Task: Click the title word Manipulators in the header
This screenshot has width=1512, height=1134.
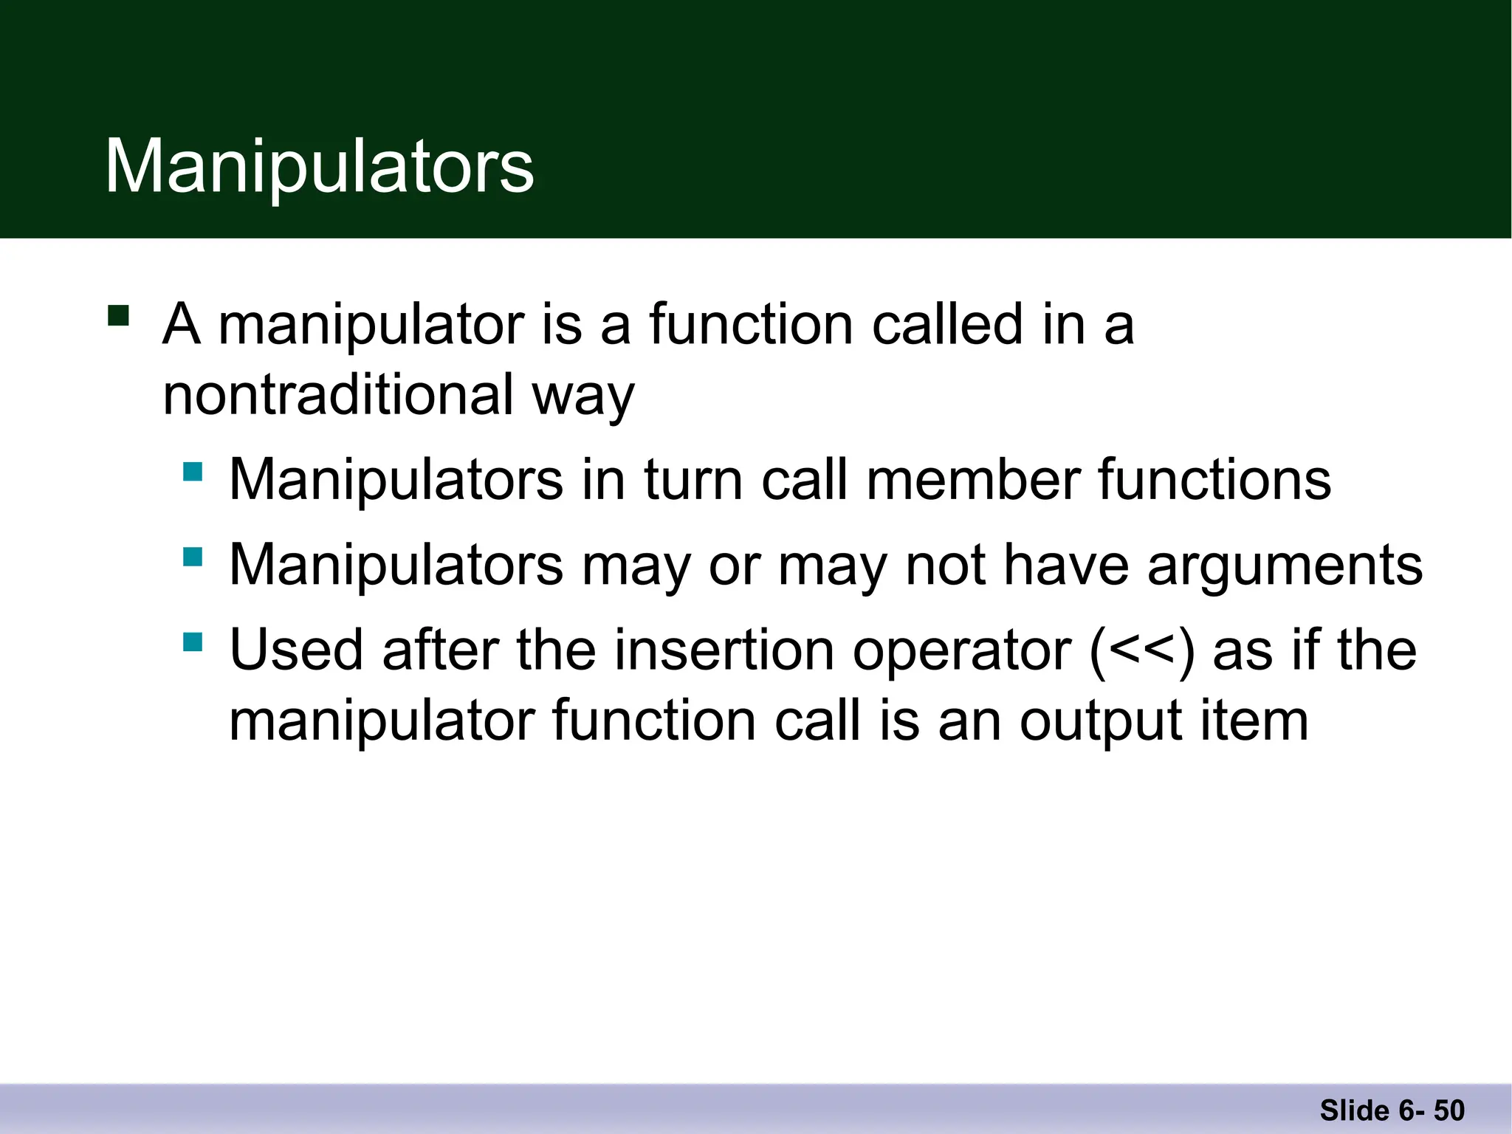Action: [x=319, y=167]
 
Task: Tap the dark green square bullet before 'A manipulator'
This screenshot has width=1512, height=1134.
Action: [x=118, y=315]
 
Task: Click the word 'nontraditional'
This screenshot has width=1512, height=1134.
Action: [x=337, y=394]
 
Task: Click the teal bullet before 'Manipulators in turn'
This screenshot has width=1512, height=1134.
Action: [x=193, y=471]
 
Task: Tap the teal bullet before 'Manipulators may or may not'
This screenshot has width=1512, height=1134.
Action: [x=193, y=556]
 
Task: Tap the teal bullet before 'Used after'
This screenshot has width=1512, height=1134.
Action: [x=193, y=641]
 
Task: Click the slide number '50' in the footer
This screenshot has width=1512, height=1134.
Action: [x=1449, y=1110]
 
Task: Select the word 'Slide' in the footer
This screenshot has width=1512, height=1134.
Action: [x=1355, y=1110]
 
